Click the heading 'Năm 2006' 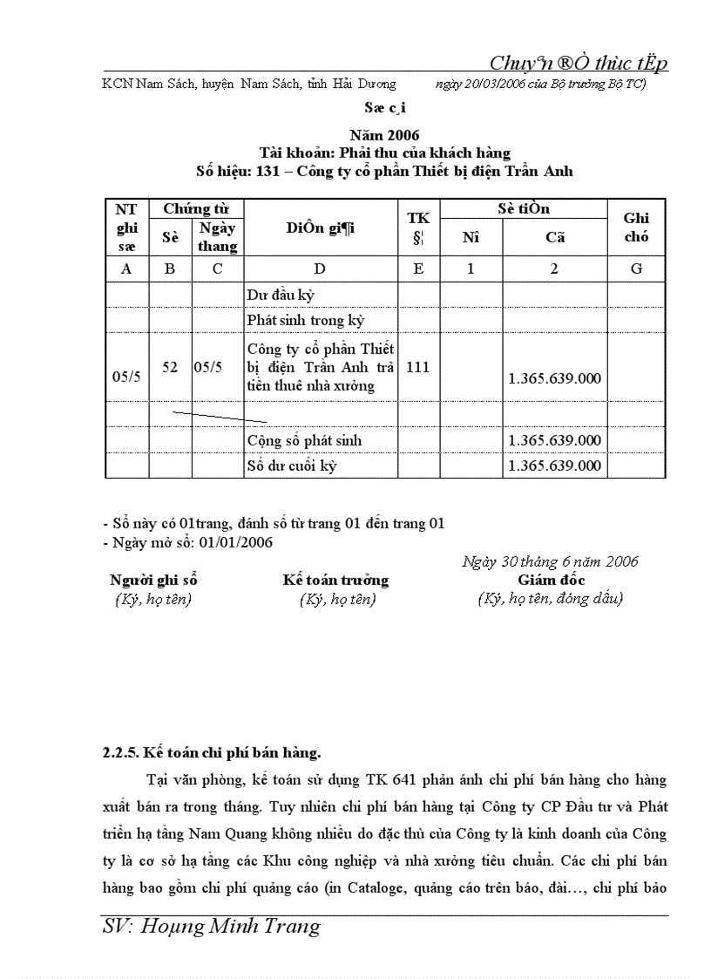383,135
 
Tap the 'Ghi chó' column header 636,227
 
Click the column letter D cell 320,269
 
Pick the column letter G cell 636,269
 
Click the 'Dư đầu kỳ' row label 280,296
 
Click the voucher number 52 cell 170,368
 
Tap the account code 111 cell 417,368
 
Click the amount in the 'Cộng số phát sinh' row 554,440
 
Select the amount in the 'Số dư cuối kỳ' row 554,466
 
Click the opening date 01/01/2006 236,542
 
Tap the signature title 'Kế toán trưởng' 335,580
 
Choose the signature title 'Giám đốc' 551,580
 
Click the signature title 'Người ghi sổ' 153,580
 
